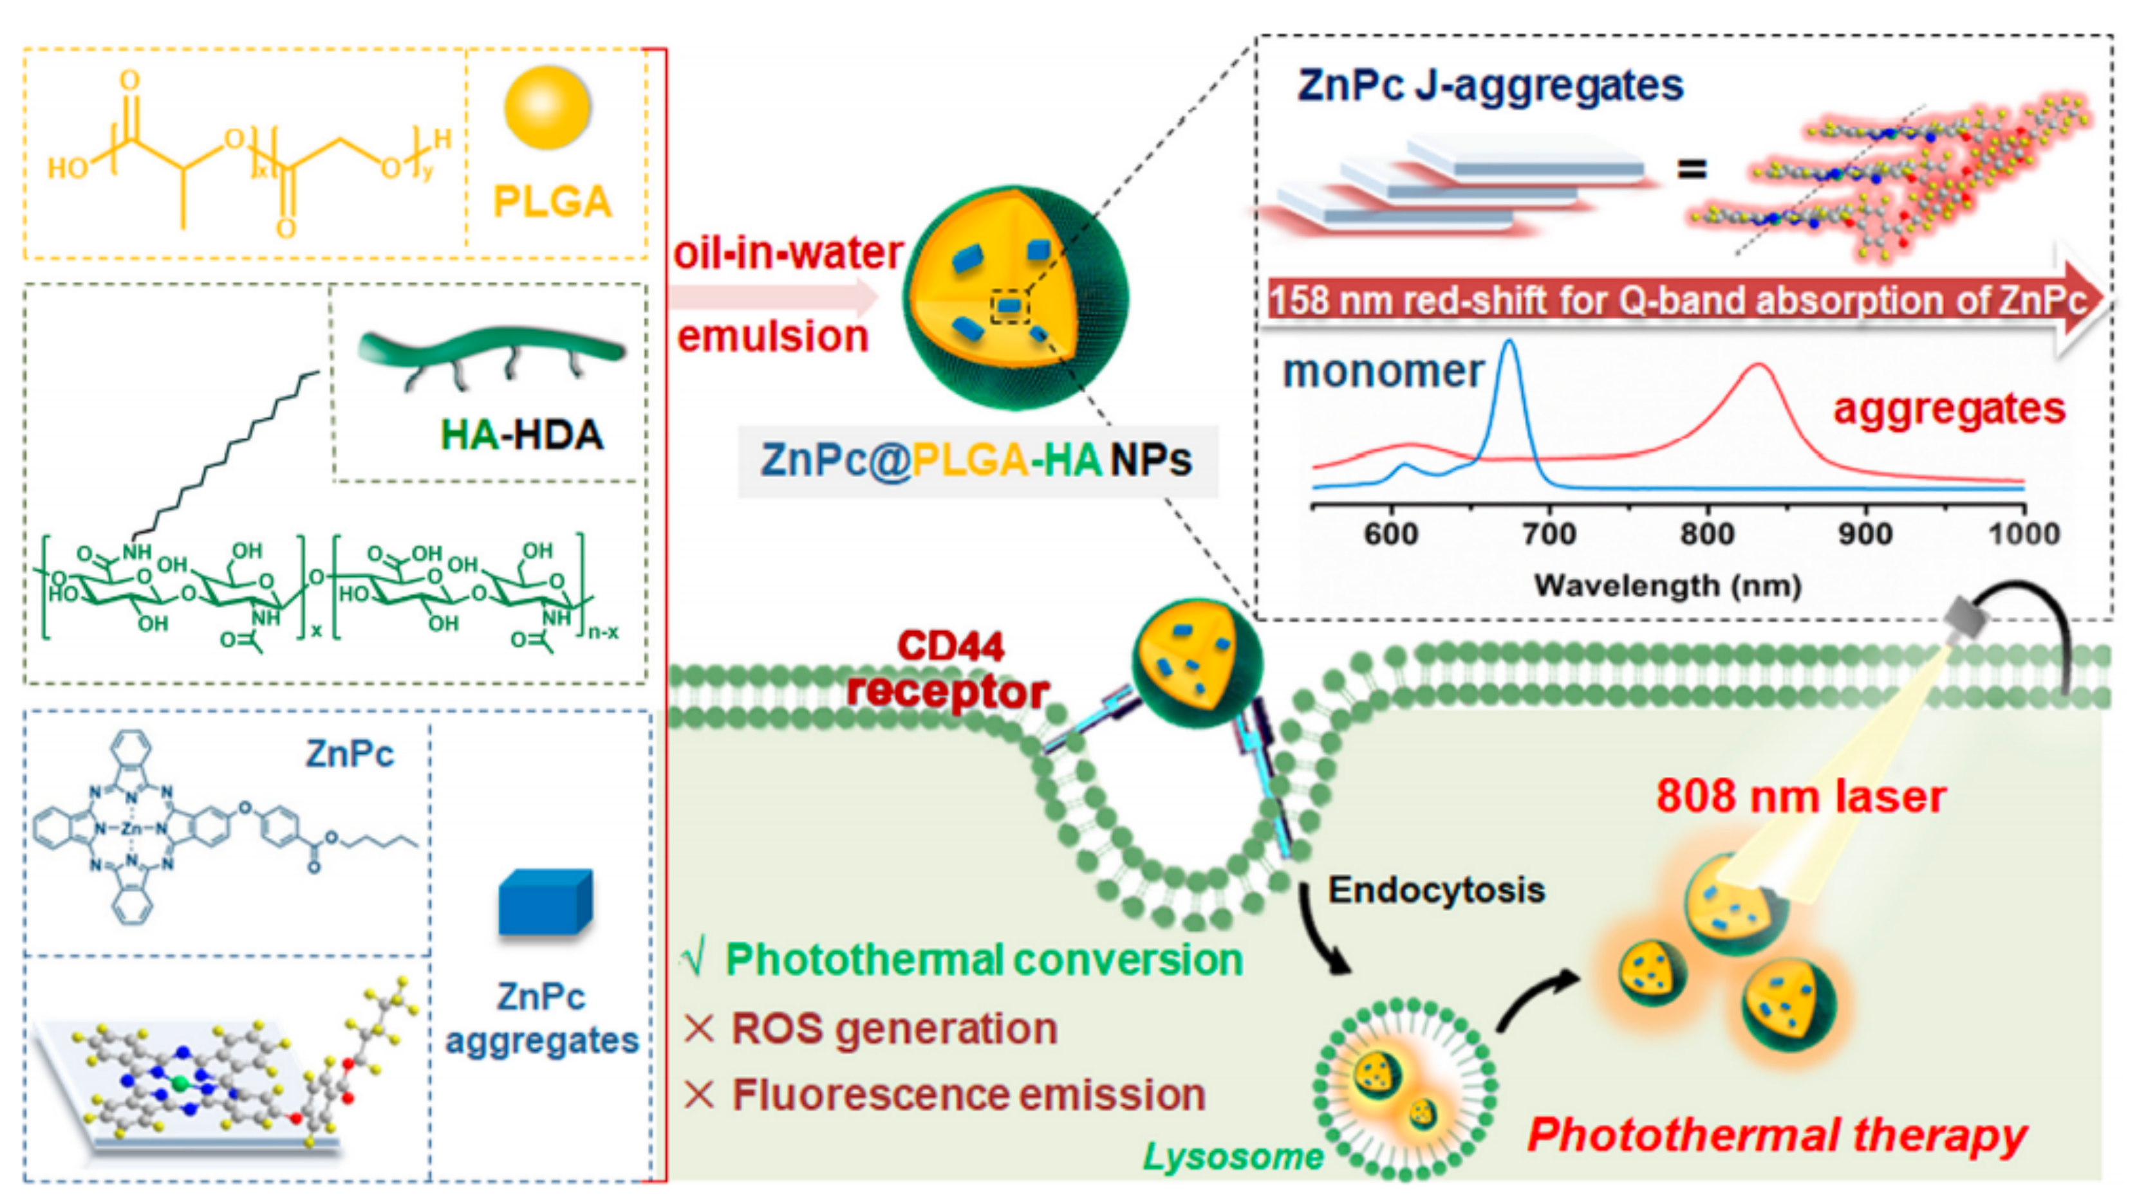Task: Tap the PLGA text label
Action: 552,201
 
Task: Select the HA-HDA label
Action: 521,435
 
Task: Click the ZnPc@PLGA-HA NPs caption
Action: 976,461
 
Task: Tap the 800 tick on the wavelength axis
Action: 1707,533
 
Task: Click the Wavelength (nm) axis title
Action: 1668,585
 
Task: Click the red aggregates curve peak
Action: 1758,366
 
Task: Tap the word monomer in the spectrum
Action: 1383,372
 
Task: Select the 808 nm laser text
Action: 1801,797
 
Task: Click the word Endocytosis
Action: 1436,891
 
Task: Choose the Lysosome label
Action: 1233,1156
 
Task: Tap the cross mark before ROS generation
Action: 698,1029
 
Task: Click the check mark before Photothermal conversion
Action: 693,960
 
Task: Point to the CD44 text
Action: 951,646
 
